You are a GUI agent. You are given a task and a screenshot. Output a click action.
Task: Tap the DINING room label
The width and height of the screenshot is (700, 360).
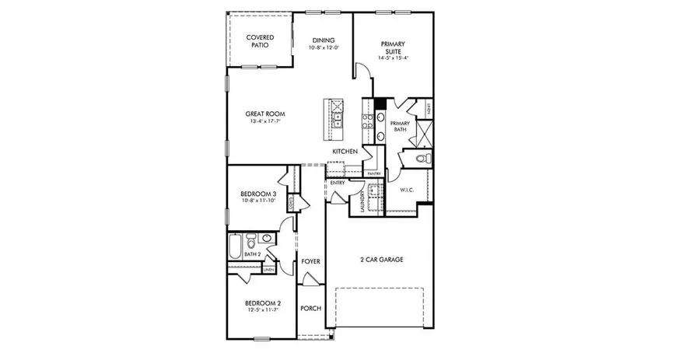coord(324,40)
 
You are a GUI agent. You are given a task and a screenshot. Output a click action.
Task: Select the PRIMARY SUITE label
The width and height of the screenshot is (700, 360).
coord(393,47)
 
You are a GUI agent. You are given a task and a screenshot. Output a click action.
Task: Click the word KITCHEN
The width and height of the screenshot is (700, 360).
coord(345,150)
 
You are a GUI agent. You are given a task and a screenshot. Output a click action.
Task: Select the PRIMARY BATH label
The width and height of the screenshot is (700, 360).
coord(400,127)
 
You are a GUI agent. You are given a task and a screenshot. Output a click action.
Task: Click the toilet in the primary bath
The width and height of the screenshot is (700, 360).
coord(422,159)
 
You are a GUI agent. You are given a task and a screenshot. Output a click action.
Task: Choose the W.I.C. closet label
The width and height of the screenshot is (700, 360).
coord(407,190)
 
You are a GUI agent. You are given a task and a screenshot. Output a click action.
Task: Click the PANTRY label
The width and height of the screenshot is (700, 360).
coord(373,173)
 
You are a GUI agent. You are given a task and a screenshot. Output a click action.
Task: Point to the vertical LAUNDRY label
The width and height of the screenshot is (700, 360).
coord(362,201)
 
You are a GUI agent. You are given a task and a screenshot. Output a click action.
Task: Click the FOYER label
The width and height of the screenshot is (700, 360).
coord(311,262)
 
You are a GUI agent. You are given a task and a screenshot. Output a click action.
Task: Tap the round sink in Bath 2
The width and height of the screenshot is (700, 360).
coord(267,239)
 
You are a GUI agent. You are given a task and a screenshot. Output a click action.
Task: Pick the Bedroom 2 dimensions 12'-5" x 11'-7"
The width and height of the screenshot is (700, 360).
coord(261,309)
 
